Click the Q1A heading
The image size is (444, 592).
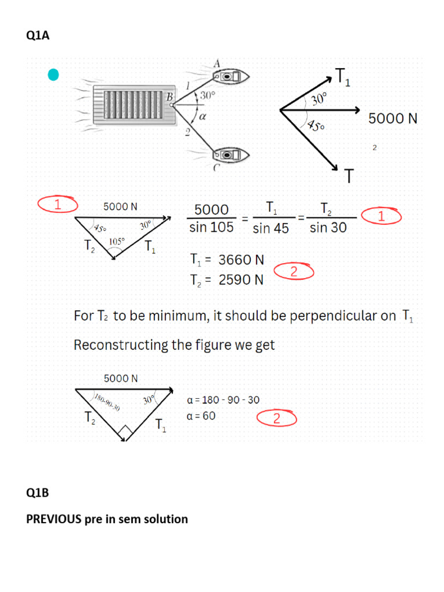[x=38, y=35]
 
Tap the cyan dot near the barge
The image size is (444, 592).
[x=53, y=75]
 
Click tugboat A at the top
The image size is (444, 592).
[x=230, y=77]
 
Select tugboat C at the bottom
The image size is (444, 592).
[x=230, y=155]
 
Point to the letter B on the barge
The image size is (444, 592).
[x=169, y=97]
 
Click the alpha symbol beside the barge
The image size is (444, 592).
[x=202, y=117]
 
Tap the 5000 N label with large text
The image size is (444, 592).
[x=393, y=119]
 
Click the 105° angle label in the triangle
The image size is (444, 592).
[x=117, y=241]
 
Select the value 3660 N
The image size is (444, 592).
[x=241, y=260]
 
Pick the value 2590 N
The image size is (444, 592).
[x=241, y=280]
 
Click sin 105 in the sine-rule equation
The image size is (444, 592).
[x=212, y=227]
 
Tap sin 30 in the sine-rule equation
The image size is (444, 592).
[x=328, y=227]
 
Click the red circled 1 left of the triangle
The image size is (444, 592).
[x=58, y=204]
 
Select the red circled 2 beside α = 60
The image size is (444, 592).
[x=277, y=419]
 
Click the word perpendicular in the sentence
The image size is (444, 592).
[x=343, y=316]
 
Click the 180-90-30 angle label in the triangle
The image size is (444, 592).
[x=107, y=402]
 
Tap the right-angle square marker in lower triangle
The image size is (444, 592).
[x=125, y=430]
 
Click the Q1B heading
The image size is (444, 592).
[x=38, y=493]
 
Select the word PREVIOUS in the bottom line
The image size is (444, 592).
[x=54, y=519]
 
